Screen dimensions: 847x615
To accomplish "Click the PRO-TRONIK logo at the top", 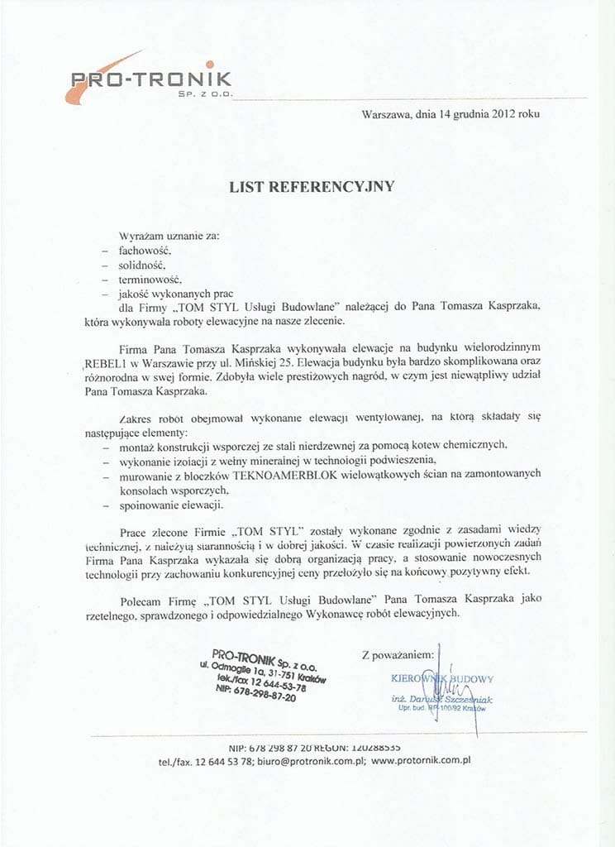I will (149, 79).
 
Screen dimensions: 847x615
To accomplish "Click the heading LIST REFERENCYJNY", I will (312, 187).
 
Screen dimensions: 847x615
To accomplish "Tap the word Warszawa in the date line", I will (385, 115).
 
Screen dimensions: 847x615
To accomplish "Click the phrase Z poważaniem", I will (398, 655).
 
